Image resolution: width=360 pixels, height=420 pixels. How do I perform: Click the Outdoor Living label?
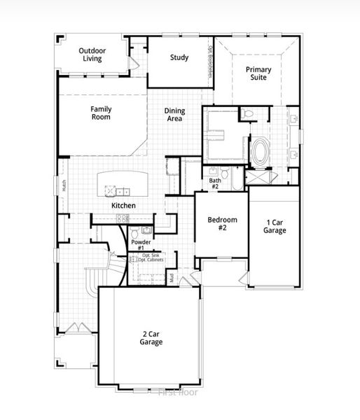[92, 55]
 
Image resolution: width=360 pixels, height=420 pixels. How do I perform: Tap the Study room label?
[179, 57]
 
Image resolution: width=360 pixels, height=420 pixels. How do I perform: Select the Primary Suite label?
[257, 73]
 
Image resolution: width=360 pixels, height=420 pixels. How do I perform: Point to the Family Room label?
[101, 113]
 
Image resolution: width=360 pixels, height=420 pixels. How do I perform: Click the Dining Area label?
[174, 115]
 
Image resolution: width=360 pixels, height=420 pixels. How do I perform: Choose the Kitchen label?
[123, 206]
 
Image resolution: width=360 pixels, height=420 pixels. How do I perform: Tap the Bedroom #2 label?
[222, 224]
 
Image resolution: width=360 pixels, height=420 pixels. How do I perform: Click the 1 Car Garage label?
[275, 226]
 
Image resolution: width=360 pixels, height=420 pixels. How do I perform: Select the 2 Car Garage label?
[151, 338]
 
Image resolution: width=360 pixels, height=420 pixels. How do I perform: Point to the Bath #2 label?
[214, 183]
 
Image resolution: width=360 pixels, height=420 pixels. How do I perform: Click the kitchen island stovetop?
[109, 189]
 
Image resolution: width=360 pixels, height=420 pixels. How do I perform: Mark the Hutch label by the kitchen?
[64, 185]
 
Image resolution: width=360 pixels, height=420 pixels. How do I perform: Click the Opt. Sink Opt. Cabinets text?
[153, 258]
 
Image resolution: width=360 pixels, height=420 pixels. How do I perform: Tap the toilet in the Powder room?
[146, 230]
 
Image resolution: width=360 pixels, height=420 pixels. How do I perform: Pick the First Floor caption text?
[179, 392]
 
